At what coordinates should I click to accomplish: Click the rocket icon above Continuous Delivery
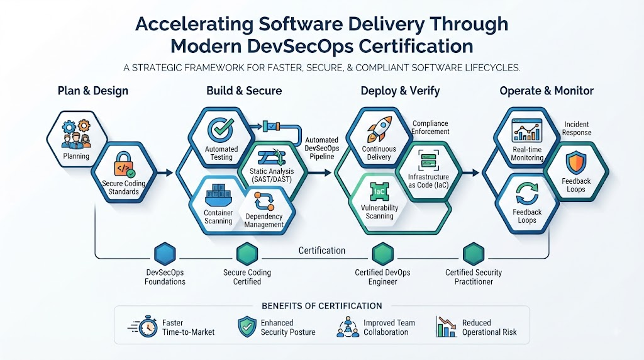point(379,128)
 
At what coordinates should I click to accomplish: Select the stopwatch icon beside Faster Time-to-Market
point(144,327)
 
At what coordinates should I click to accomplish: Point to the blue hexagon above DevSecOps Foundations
point(165,254)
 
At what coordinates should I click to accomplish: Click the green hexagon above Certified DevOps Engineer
point(383,254)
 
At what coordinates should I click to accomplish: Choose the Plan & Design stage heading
point(93,91)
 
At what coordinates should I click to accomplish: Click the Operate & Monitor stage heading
point(547,91)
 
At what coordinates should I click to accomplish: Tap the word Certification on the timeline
point(321,250)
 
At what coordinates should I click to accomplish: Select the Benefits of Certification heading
point(321,306)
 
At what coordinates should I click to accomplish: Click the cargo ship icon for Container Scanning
point(218,196)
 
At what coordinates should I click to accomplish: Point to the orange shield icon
point(576,162)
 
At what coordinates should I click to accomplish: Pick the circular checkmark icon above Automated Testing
point(221,130)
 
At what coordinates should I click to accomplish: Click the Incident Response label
point(577,128)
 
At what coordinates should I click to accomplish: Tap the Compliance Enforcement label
point(430,127)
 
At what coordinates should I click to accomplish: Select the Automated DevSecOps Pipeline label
point(322,148)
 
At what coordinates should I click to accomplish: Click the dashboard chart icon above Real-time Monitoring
point(527,130)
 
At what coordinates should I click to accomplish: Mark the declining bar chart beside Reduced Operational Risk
point(446,327)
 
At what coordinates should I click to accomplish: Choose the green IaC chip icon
point(379,192)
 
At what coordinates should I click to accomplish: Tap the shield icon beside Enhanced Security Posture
point(247,327)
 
